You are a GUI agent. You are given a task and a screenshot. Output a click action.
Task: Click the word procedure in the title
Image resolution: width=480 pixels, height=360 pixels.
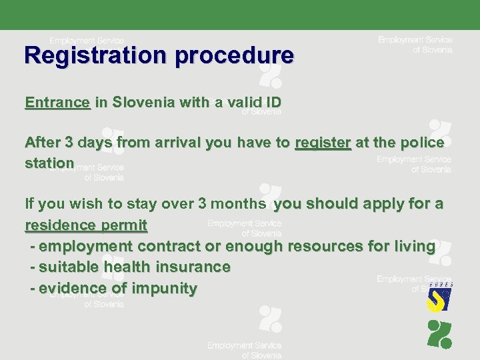[x=234, y=55]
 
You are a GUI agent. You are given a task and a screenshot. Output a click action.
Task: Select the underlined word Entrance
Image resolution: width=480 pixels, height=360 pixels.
[x=57, y=103]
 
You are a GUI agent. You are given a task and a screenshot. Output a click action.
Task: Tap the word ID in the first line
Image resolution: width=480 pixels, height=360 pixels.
[x=272, y=103]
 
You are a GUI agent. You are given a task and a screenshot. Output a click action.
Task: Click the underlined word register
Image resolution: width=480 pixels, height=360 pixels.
[x=323, y=143]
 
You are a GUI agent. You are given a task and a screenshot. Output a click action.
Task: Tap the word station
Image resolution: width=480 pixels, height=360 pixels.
[x=49, y=163]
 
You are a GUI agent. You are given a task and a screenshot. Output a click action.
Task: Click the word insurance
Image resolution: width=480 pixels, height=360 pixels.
[x=199, y=267]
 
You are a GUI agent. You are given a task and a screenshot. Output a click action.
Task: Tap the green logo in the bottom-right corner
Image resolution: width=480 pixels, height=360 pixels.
[x=439, y=334]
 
